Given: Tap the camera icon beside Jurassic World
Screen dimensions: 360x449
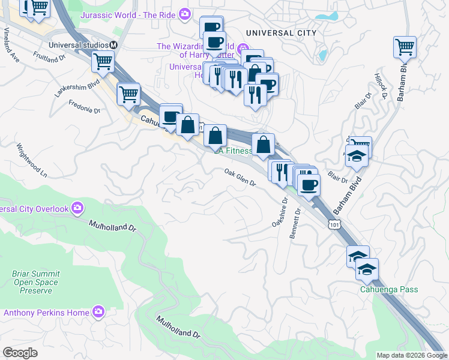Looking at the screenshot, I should point(185,13).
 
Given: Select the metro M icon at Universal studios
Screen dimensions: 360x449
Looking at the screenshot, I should point(113,45).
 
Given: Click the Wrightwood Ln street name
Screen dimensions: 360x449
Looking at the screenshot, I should point(31,159).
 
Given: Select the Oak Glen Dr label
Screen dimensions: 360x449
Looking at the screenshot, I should point(240,178).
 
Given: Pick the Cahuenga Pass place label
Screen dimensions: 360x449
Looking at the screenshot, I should point(389,290).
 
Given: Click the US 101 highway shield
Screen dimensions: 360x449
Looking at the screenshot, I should point(333,224).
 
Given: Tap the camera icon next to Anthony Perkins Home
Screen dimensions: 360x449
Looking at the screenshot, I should point(98,312).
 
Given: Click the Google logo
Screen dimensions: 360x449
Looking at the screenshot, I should point(20,353).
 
